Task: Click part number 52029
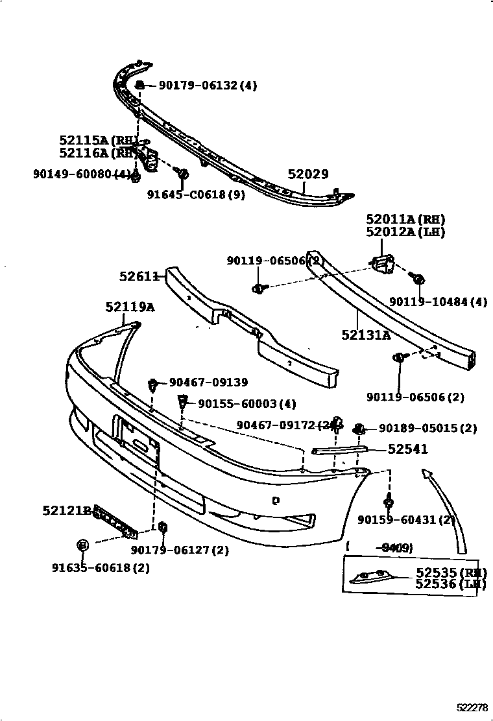308,174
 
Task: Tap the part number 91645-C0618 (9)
195,195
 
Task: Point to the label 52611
139,276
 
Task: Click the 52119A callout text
130,307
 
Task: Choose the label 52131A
366,335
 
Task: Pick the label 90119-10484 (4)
438,301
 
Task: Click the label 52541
408,449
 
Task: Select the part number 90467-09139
208,383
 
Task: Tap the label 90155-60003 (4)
246,404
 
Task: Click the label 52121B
67,511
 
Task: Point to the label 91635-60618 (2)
101,568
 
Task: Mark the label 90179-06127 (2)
180,550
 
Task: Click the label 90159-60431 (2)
406,519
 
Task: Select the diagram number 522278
472,707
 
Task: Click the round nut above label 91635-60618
82,545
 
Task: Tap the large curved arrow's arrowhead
426,474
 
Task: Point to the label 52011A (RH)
405,219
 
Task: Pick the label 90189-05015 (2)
427,429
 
